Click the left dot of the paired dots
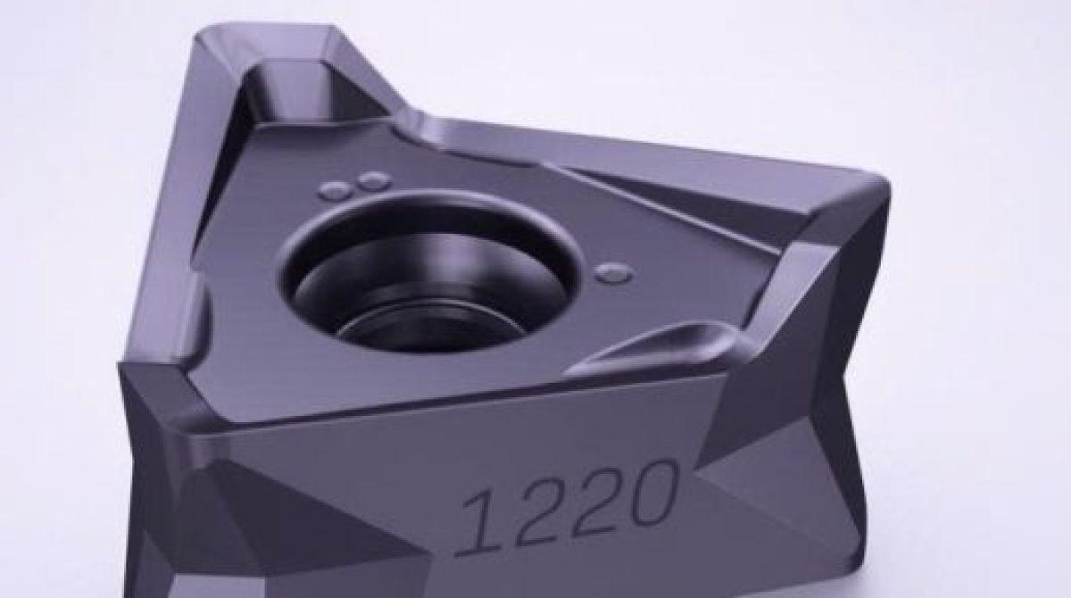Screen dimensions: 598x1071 336,188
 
